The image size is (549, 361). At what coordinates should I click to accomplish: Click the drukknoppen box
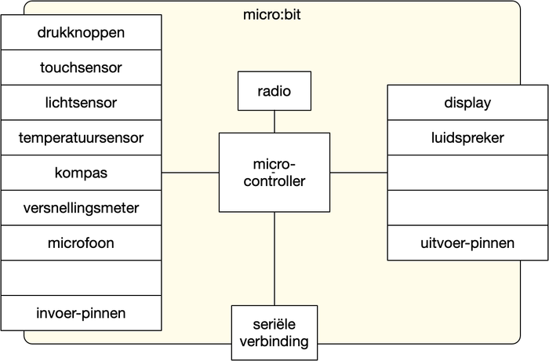[82, 32]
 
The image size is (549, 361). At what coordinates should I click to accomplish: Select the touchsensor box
[82, 67]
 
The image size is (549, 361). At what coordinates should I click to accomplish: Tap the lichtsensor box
[82, 102]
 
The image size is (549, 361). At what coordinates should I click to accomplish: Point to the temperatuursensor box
[82, 137]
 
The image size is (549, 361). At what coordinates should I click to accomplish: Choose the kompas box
[82, 173]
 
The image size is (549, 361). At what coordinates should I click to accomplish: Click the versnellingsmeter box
[82, 208]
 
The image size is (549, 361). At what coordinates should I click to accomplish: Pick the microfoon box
[82, 242]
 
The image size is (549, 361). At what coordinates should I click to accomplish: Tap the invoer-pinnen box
[82, 313]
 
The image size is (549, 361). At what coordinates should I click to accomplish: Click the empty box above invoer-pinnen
[82, 278]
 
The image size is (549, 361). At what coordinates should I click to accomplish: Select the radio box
[274, 91]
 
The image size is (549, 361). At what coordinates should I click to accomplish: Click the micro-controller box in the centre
[274, 173]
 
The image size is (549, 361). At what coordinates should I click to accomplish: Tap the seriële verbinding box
[274, 333]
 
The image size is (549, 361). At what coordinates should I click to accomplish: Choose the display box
[467, 102]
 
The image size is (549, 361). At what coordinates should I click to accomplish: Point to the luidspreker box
[467, 137]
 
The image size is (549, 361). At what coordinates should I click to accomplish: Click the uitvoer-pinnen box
[467, 242]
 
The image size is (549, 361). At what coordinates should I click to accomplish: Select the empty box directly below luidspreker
[467, 173]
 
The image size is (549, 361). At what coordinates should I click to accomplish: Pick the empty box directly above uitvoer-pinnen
[467, 208]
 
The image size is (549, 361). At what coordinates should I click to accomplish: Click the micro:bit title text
[272, 15]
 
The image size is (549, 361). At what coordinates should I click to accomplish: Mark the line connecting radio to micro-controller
[274, 122]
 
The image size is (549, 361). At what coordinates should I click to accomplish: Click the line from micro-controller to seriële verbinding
[274, 259]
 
